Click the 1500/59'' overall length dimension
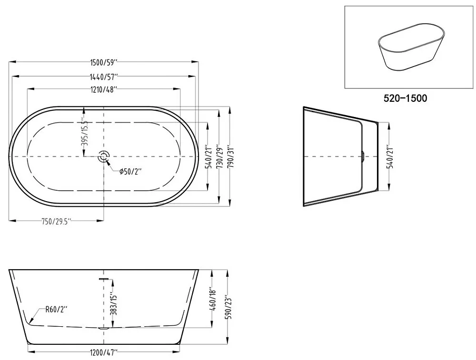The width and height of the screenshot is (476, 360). [104, 63]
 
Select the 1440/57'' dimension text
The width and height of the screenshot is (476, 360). [103, 77]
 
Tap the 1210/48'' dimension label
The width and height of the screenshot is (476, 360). [103, 90]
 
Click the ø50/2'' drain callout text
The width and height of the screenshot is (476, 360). [130, 172]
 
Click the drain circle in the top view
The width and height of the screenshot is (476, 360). [104, 156]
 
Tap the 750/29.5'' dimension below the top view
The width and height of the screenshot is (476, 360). [56, 222]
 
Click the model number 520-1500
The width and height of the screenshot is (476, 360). [405, 98]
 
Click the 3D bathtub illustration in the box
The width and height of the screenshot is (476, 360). [411, 47]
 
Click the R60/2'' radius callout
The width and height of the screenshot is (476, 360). [56, 310]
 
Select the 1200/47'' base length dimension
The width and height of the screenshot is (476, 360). [103, 353]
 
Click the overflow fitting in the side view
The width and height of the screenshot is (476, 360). [104, 278]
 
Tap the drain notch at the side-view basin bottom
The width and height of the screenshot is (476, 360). [104, 328]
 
